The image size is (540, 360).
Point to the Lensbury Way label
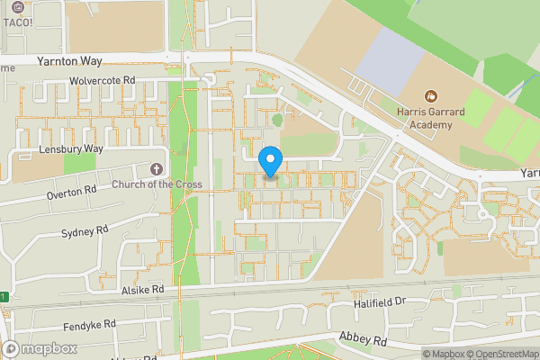point(71,148)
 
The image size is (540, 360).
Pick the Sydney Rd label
point(85,232)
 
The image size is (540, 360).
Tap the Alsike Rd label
point(144,290)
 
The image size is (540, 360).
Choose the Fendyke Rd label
point(90,324)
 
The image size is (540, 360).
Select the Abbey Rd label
point(363,340)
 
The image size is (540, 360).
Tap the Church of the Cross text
point(157,185)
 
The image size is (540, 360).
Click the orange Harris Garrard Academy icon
point(430,94)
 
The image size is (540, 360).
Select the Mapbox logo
point(40,348)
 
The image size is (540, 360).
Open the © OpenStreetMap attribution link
point(500,354)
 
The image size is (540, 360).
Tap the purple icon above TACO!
point(19,6)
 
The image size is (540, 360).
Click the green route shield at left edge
point(3,297)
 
